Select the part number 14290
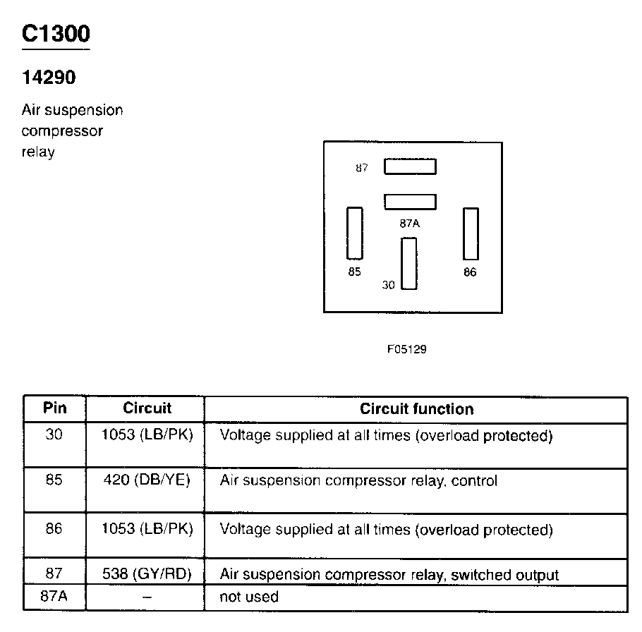pyautogui.click(x=49, y=78)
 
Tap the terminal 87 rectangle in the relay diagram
pyautogui.click(x=410, y=167)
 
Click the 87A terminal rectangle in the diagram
pyautogui.click(x=410, y=202)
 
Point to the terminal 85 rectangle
pyautogui.click(x=354, y=233)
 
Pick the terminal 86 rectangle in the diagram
pyautogui.click(x=471, y=233)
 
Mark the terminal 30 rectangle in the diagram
pyautogui.click(x=408, y=264)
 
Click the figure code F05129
pyautogui.click(x=406, y=349)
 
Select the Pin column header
pyautogui.click(x=54, y=408)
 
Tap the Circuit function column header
pyautogui.click(x=416, y=409)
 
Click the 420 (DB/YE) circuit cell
pyautogui.click(x=147, y=481)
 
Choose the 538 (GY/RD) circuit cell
pyautogui.click(x=147, y=574)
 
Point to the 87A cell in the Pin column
pyautogui.click(x=54, y=597)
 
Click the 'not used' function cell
pyautogui.click(x=249, y=597)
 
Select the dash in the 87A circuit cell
pyautogui.click(x=147, y=597)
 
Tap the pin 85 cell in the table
pyautogui.click(x=54, y=481)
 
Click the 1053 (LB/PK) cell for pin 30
pyautogui.click(x=147, y=435)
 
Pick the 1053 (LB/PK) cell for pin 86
pyautogui.click(x=147, y=528)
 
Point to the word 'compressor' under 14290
pyautogui.click(x=62, y=131)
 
